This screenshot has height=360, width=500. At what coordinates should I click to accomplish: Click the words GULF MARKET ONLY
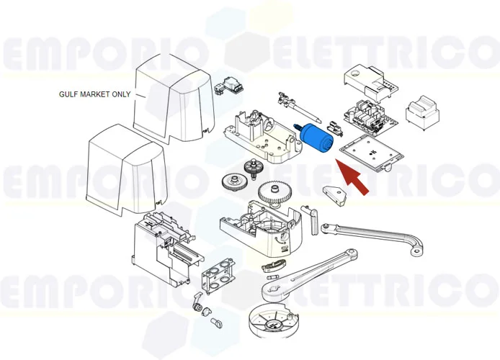coord(94,94)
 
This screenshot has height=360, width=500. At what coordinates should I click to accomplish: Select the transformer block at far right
coord(424,112)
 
